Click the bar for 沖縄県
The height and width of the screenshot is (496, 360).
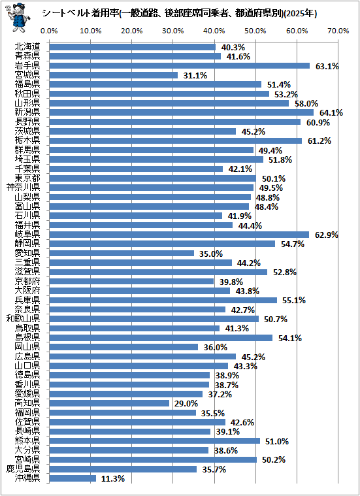coord(73,478)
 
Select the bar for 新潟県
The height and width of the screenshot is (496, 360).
coord(181,112)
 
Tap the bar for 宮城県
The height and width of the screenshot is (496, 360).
coord(113,75)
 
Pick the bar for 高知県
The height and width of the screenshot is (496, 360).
coord(109,403)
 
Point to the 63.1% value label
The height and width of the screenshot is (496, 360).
coord(327,67)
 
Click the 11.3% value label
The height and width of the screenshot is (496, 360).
coord(112,479)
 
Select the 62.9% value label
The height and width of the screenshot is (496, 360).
coord(327,235)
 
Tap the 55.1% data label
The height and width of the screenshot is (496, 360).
coord(294,300)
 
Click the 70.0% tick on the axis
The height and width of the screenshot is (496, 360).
coord(338,31)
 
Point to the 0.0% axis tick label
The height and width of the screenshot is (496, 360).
coord(50,31)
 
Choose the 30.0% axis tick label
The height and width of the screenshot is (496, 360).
coord(173,31)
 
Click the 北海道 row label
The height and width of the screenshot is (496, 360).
coord(27,47)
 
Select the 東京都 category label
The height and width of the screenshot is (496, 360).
coord(27,178)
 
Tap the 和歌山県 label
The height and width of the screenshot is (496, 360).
coord(23,318)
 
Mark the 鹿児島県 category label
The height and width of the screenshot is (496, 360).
coord(23,469)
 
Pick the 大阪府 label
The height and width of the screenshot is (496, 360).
coord(27,290)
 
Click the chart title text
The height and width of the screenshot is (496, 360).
coord(180,14)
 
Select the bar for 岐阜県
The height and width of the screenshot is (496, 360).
coord(179,235)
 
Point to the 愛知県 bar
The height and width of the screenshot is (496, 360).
coord(122,254)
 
